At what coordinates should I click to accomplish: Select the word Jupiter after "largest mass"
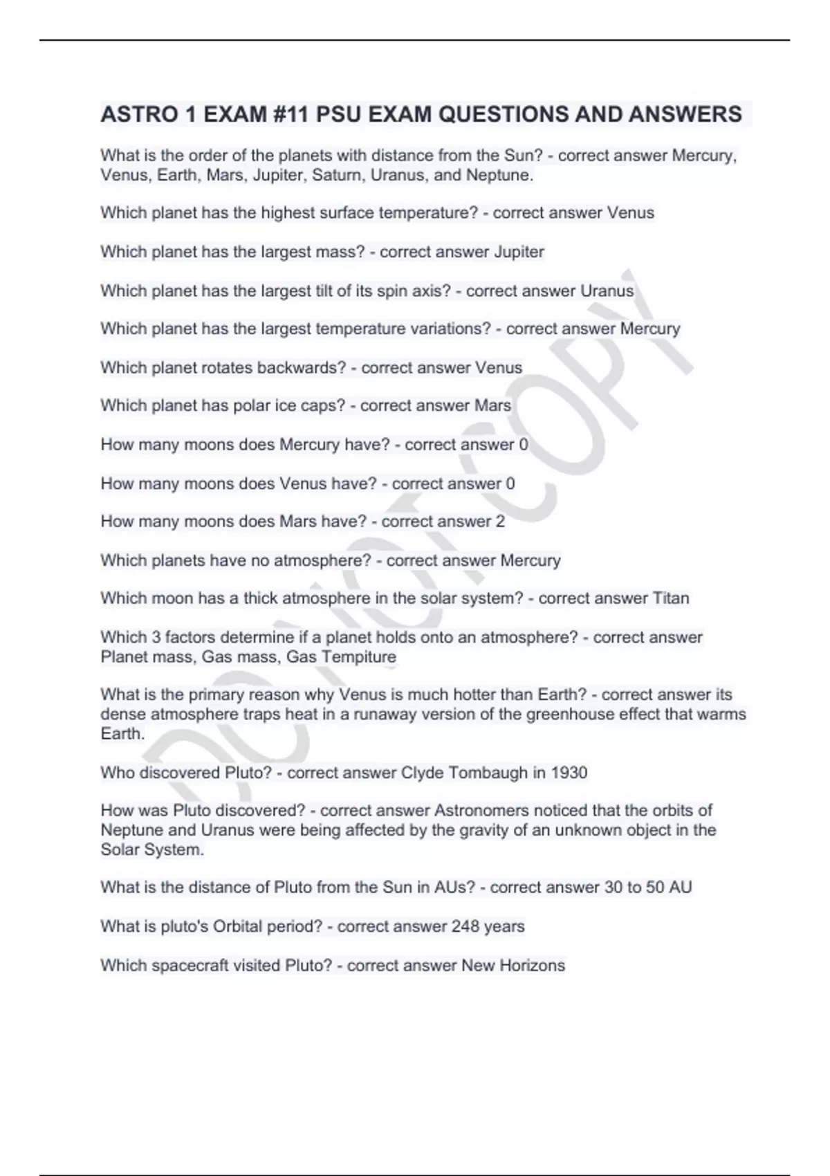point(519,252)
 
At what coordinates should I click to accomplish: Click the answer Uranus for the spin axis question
point(607,291)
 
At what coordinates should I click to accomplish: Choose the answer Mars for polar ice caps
point(492,405)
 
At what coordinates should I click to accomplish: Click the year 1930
point(569,773)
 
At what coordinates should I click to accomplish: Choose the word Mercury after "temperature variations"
point(650,329)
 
